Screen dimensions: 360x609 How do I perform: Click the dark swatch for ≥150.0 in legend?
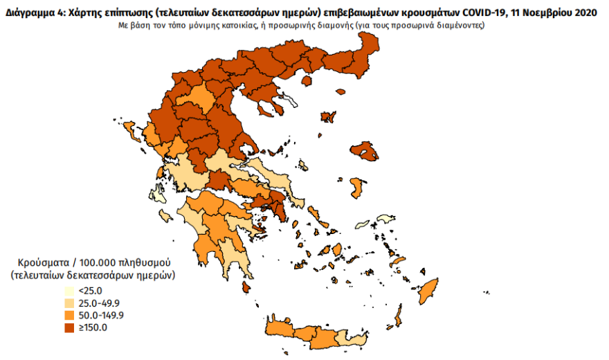coord(70,327)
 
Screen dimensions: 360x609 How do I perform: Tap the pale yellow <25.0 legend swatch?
coord(70,291)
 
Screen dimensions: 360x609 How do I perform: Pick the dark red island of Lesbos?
coord(365,151)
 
